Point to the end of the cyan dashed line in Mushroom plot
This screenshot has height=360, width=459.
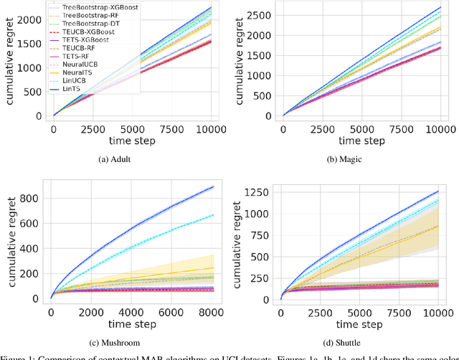[x=214, y=214]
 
